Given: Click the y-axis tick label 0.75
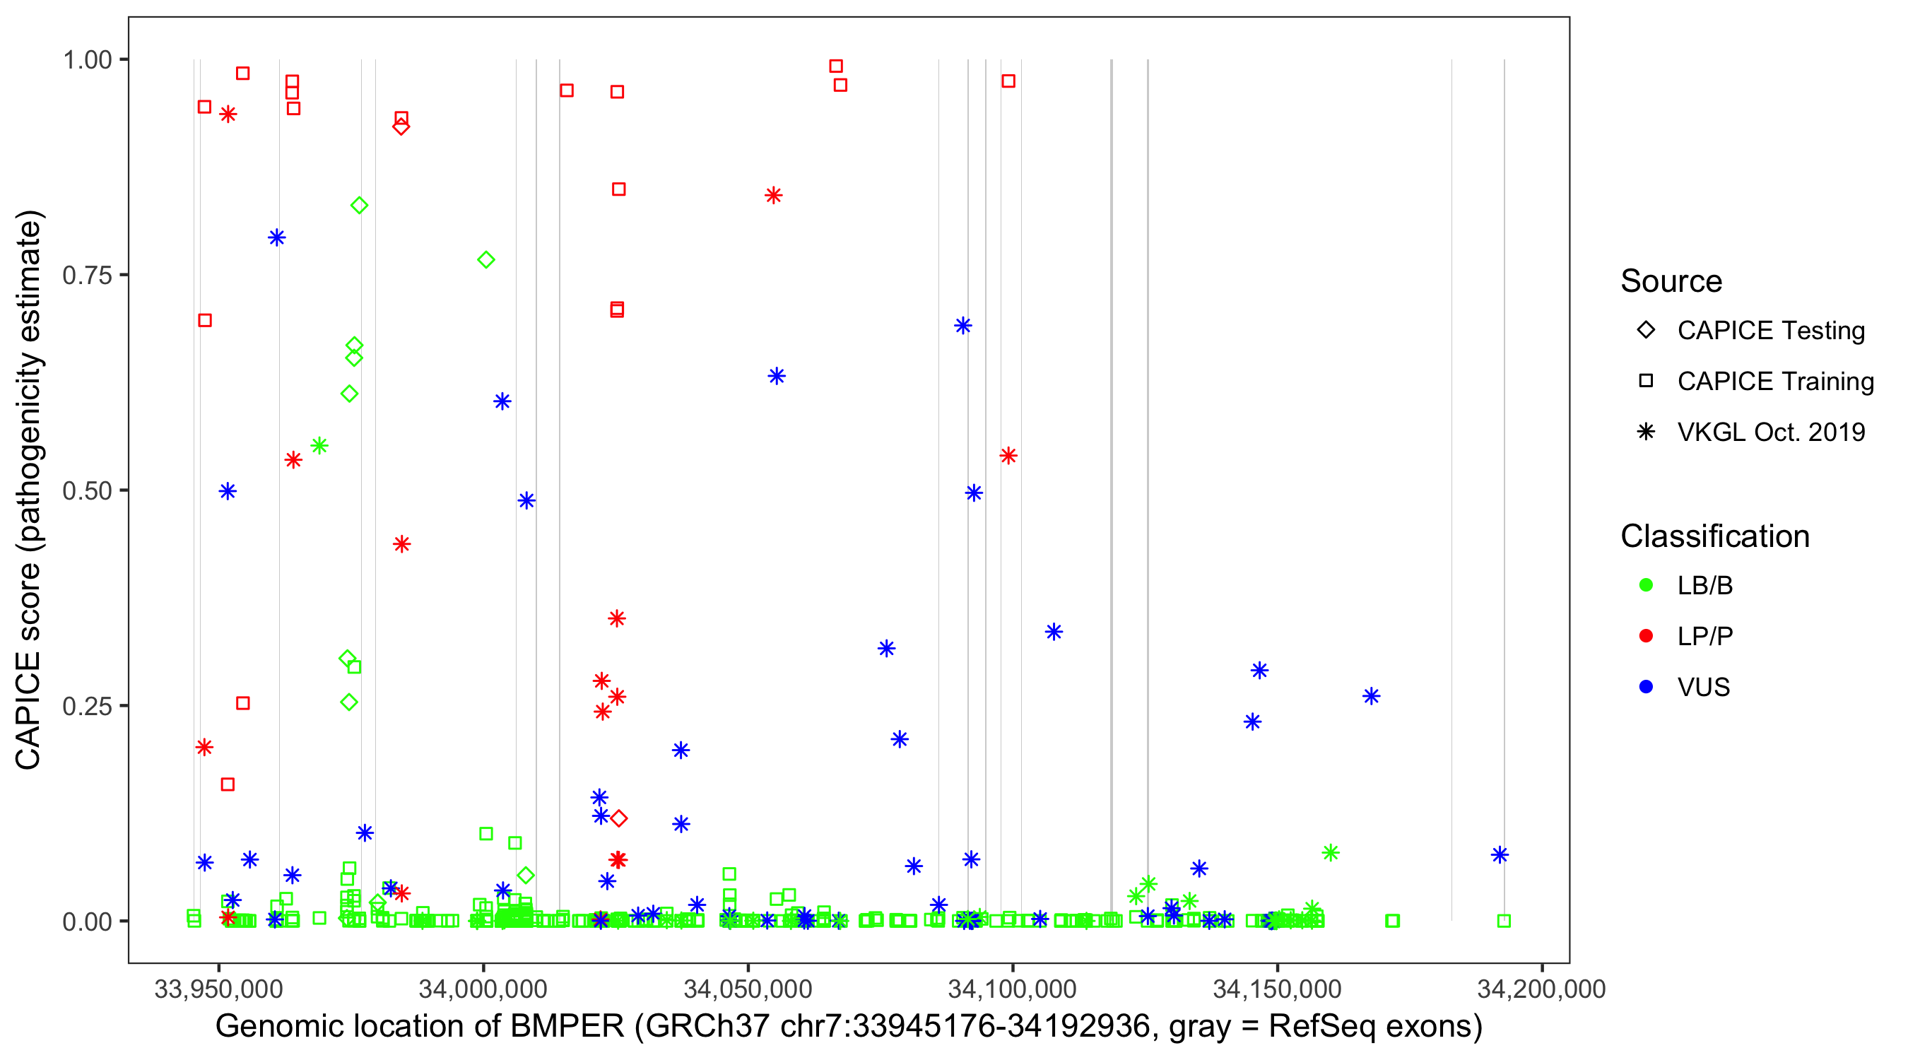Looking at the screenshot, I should (86, 275).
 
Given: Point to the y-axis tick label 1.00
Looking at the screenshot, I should (86, 59).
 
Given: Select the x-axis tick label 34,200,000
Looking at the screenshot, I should (1541, 989).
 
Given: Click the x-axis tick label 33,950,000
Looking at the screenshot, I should (218, 989).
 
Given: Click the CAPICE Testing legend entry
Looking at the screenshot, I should (1770, 331).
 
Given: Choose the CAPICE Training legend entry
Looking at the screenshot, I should (1774, 382).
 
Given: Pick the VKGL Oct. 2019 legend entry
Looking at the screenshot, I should (1770, 432).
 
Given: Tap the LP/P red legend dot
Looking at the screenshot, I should (1646, 636).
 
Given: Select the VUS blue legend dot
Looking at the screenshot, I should (1646, 687).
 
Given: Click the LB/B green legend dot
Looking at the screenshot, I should (1646, 585).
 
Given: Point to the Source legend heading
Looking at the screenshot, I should (1671, 281).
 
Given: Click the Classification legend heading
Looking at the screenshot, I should (1714, 536).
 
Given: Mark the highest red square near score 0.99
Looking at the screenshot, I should (835, 66).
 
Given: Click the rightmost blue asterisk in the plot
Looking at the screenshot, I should (1500, 855).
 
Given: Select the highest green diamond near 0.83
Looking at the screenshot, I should (359, 205).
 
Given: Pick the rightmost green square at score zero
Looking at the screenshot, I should (1504, 921).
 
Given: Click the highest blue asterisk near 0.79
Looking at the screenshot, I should (276, 237).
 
